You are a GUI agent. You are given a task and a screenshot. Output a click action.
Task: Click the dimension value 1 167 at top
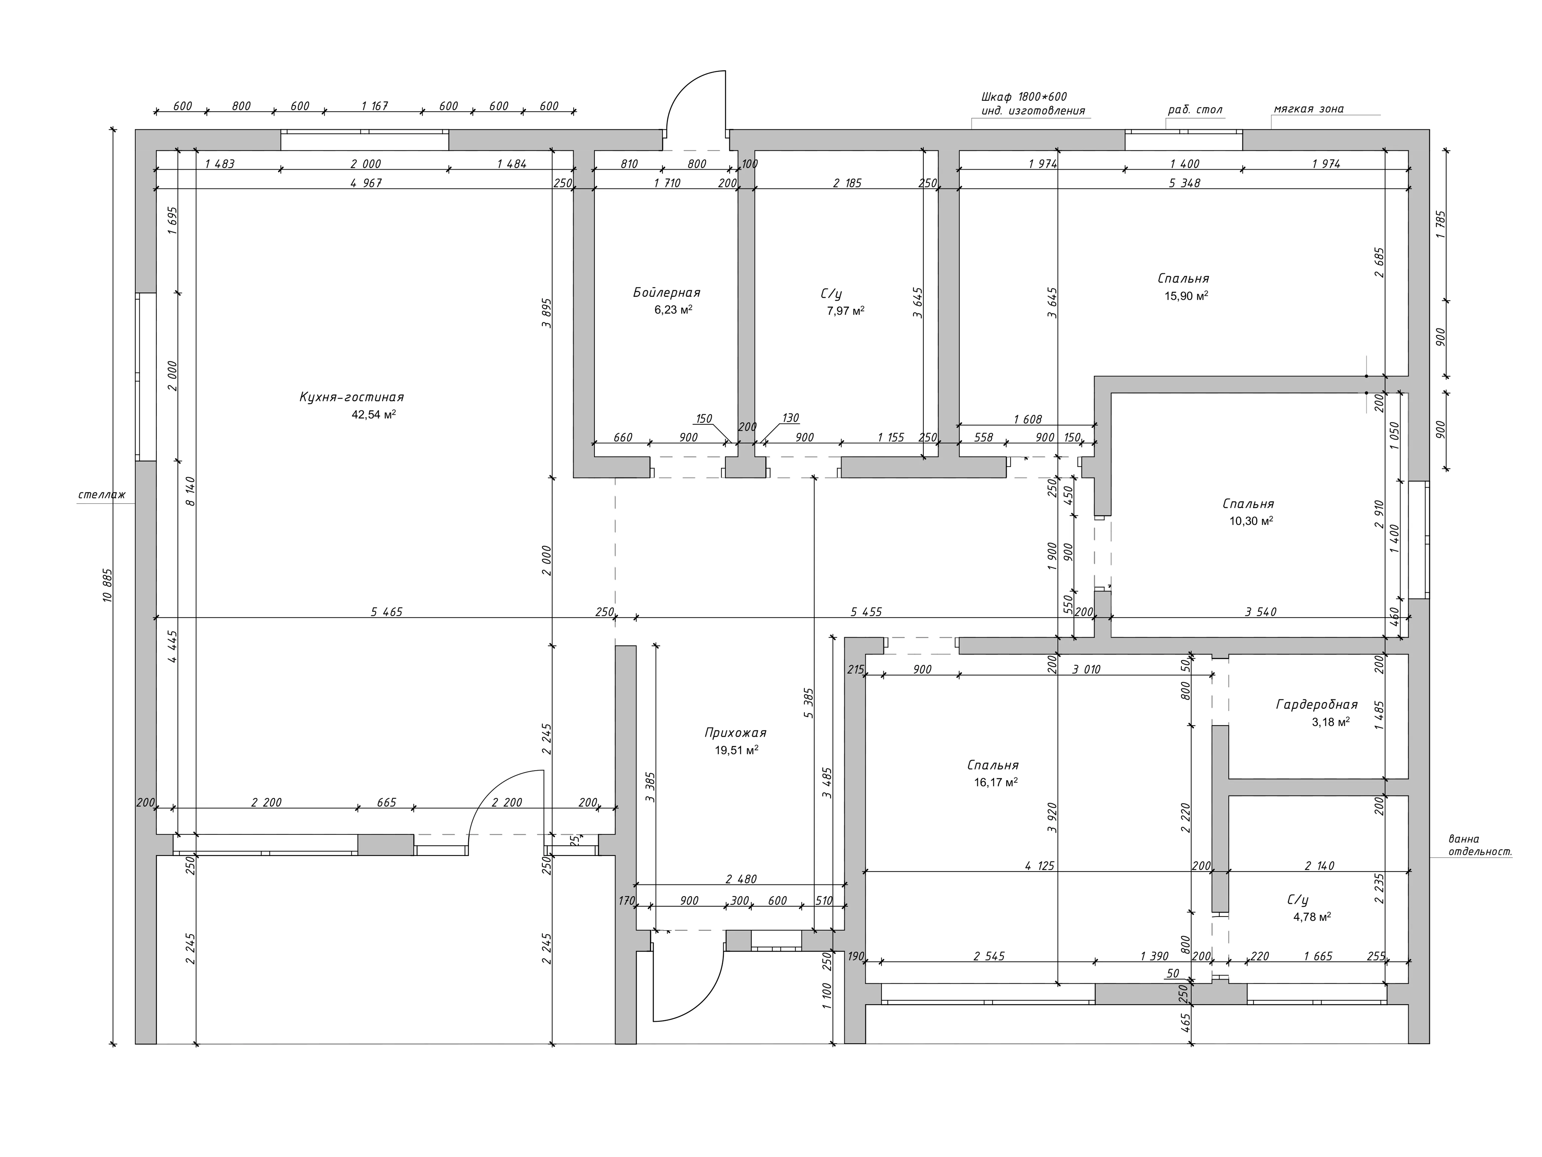coord(374,106)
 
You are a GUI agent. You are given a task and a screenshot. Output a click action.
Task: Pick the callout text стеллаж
coord(102,495)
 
